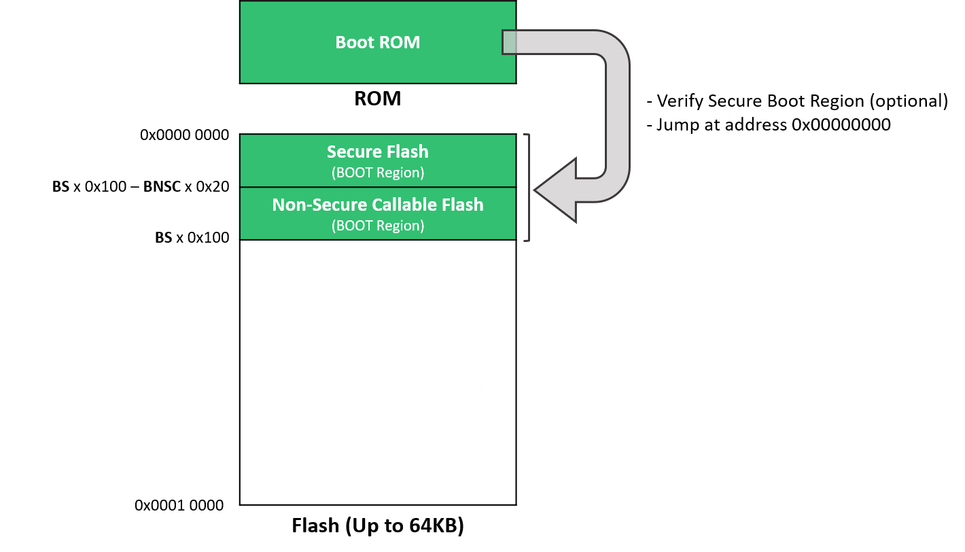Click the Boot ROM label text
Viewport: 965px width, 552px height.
378,42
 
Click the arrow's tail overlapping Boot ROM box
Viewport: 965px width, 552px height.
509,42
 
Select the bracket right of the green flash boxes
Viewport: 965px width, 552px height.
527,188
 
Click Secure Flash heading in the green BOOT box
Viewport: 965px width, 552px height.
378,152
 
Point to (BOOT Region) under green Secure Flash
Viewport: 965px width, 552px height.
378,173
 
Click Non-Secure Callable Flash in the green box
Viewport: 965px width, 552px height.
378,205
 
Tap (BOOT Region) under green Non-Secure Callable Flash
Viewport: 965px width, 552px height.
378,226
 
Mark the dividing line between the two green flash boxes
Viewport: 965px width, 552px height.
378,187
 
